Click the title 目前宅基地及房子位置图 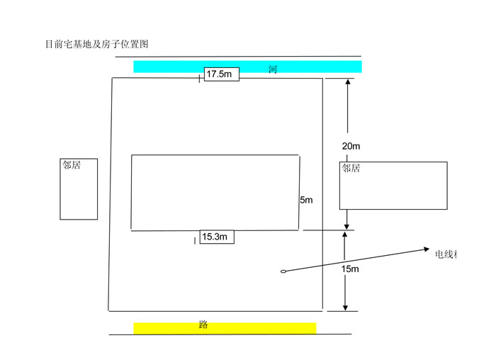(x=96, y=44)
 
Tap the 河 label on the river (x=272, y=69)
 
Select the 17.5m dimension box (x=221, y=74)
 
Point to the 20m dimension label (x=351, y=146)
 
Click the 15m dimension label (x=350, y=269)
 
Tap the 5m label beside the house (x=306, y=201)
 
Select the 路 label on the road (x=203, y=325)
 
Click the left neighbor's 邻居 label (x=71, y=164)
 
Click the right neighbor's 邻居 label (x=351, y=169)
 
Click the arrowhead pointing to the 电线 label (x=426, y=249)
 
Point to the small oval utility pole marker (x=283, y=270)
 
